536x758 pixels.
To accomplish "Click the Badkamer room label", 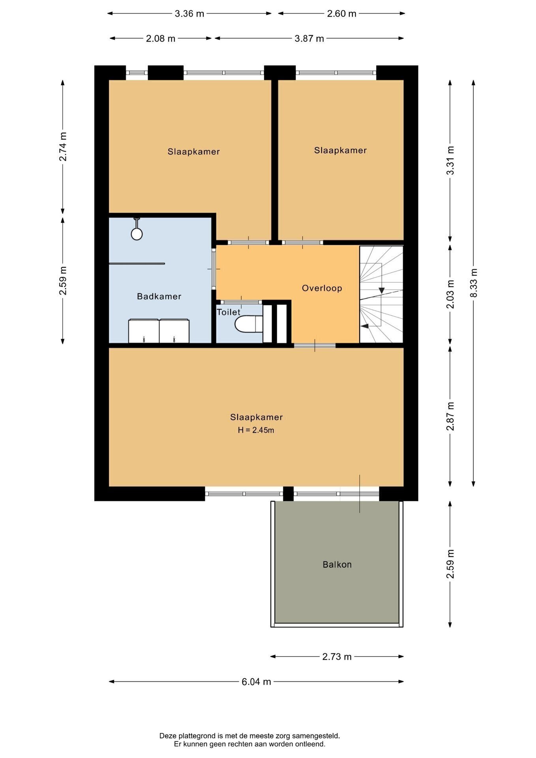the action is [x=159, y=296].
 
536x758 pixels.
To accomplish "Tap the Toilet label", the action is [x=229, y=312].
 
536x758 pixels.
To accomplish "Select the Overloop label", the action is [x=322, y=288].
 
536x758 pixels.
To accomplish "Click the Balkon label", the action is [x=337, y=565].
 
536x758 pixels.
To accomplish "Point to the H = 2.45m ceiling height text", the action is [x=256, y=430].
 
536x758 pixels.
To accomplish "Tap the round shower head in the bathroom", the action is [x=137, y=234].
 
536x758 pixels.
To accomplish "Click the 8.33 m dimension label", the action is [x=474, y=283].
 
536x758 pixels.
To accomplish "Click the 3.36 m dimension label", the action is [x=189, y=14].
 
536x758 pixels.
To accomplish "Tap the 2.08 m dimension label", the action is [x=161, y=39].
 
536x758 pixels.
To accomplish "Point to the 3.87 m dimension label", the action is [x=309, y=39].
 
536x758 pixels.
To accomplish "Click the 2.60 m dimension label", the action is [x=342, y=14].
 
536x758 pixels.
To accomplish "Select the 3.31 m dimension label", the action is [x=450, y=160].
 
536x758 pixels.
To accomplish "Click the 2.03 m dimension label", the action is [x=450, y=294].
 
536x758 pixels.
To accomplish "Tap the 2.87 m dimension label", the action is [x=450, y=417].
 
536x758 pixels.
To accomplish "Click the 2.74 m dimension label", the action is [x=63, y=146].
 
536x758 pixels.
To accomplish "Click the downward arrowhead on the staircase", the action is [x=382, y=290].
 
